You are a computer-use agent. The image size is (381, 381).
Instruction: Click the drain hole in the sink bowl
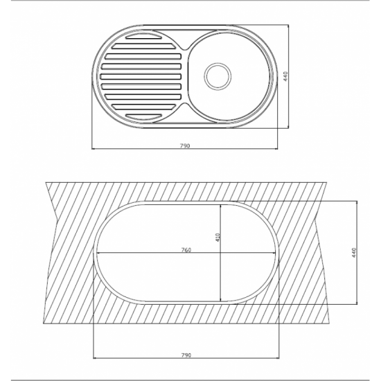click(218, 76)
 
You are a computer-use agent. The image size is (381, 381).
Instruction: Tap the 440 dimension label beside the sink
click(285, 76)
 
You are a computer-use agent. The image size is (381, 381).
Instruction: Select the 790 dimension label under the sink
click(185, 145)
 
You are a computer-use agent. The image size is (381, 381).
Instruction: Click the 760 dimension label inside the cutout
click(186, 250)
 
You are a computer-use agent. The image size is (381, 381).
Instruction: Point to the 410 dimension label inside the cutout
click(218, 238)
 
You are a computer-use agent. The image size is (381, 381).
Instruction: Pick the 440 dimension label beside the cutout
click(354, 253)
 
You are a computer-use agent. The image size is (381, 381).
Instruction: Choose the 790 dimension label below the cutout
click(186, 355)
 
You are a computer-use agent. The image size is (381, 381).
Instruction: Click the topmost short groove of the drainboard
click(143, 36)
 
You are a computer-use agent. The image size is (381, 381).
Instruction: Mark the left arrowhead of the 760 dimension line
click(98, 253)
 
